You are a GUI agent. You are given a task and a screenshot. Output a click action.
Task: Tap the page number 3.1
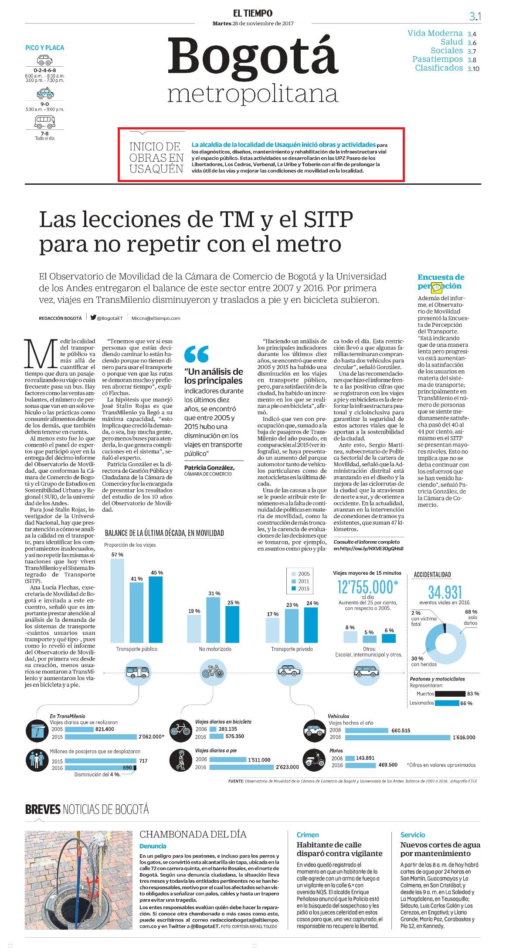(x=475, y=17)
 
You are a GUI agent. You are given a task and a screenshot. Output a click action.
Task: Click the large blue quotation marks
(x=196, y=354)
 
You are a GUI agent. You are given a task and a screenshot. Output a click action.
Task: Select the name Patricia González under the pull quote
(x=209, y=468)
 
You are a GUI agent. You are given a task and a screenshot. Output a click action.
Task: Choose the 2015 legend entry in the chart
(x=300, y=589)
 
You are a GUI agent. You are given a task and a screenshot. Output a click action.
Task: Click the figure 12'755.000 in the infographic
(x=368, y=587)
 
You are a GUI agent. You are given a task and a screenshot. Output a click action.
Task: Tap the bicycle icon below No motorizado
(x=213, y=671)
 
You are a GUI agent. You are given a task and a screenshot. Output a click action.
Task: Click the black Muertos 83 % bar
(x=450, y=694)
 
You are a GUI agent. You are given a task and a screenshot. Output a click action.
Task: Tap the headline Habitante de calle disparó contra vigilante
(x=340, y=849)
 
